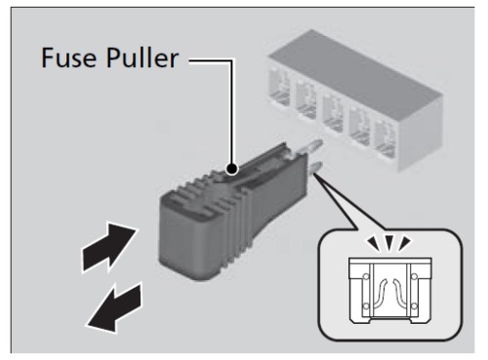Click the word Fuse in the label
coord(68,58)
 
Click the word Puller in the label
coord(142,58)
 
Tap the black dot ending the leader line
coord(232,169)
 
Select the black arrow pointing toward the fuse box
coord(108,247)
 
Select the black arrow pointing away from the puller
coord(114,308)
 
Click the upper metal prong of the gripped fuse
coord(311,145)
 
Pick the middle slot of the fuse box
coord(333,112)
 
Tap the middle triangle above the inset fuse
coord(389,243)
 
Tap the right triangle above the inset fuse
coord(405,243)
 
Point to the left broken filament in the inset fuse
coord(380,293)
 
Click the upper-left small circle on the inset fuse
coord(366,277)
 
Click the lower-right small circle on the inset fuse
coord(414,305)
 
